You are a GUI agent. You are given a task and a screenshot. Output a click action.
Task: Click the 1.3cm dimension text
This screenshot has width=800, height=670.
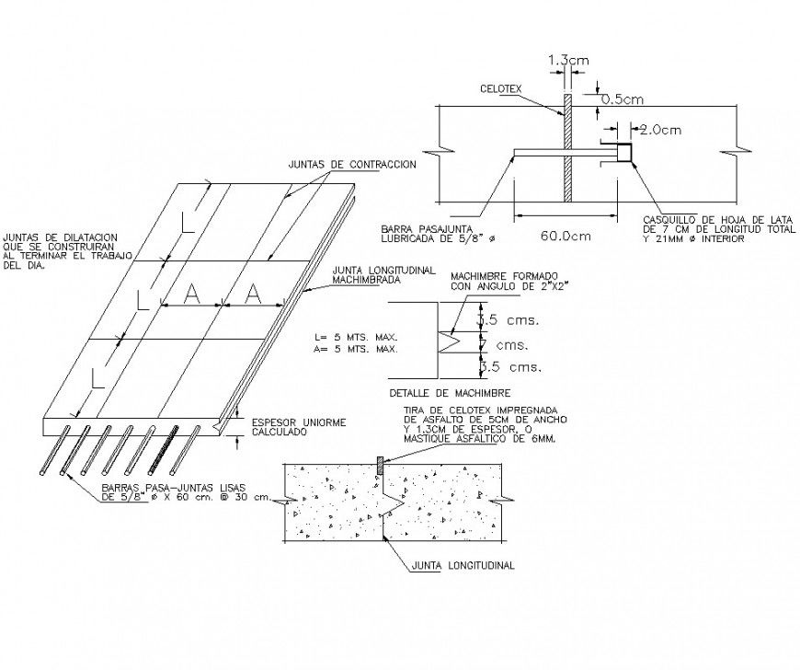coord(568,61)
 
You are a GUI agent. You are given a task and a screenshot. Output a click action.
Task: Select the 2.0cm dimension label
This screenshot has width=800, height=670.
coord(660,130)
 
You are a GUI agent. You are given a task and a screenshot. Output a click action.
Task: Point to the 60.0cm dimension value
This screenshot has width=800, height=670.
coord(565,235)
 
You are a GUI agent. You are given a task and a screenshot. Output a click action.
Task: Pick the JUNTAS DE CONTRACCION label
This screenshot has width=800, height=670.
coord(352,164)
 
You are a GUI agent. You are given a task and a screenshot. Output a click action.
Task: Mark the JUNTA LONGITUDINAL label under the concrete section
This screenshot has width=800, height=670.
coord(464,565)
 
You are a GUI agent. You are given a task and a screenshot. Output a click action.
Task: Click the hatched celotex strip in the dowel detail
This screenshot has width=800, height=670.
coord(568,147)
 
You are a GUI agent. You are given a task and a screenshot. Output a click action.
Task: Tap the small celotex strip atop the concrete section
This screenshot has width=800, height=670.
coord(379,459)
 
